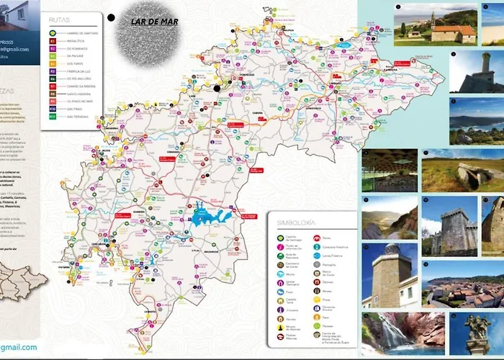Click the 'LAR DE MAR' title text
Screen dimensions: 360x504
click(x=154, y=22)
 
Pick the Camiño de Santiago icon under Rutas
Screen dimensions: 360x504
click(x=53, y=33)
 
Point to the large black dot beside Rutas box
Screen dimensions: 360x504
click(x=112, y=17)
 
